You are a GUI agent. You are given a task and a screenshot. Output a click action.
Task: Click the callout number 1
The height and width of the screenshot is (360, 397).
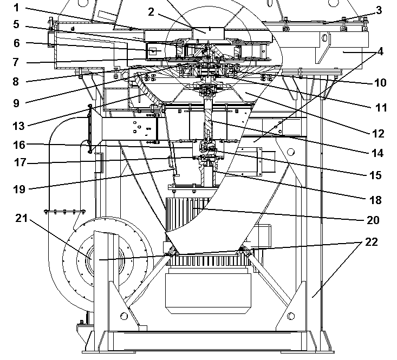coord(16,8)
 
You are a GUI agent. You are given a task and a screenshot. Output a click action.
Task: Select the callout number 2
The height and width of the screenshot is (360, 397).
coord(151,12)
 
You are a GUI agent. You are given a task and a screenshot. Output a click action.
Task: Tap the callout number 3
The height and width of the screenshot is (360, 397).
coord(379,10)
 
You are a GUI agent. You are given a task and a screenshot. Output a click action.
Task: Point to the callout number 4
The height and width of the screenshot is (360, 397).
coord(380,51)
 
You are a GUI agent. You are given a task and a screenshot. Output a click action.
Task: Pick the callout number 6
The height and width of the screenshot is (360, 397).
coord(16,43)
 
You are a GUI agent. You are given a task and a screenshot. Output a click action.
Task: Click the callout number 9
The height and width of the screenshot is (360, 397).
coord(16,103)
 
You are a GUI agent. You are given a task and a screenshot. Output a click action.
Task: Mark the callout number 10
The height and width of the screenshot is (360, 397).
coord(380,83)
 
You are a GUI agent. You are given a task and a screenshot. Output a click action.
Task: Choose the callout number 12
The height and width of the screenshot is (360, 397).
coord(378,134)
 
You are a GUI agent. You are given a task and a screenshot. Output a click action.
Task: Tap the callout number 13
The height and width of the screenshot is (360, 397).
coord(19,126)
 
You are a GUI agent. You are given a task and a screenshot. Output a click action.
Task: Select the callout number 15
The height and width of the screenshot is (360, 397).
coord(375,175)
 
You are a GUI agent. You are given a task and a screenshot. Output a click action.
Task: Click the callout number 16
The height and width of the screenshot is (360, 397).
coord(19,145)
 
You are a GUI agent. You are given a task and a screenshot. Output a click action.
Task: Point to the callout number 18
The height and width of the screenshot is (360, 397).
coord(375,200)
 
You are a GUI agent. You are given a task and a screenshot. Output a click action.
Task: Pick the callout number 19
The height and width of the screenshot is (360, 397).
coord(19,189)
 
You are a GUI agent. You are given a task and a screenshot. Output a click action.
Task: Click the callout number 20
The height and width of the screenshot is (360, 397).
coord(373,220)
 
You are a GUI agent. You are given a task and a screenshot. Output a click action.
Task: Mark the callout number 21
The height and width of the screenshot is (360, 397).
coord(22,218)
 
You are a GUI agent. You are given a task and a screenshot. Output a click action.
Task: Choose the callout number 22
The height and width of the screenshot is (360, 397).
coord(372,242)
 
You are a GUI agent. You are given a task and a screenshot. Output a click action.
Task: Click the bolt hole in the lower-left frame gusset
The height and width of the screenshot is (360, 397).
coord(124,316)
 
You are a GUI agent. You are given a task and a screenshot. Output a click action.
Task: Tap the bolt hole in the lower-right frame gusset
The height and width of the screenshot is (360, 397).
coord(291,316)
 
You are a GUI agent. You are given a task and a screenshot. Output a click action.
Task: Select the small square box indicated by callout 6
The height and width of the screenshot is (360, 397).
coord(153,51)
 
